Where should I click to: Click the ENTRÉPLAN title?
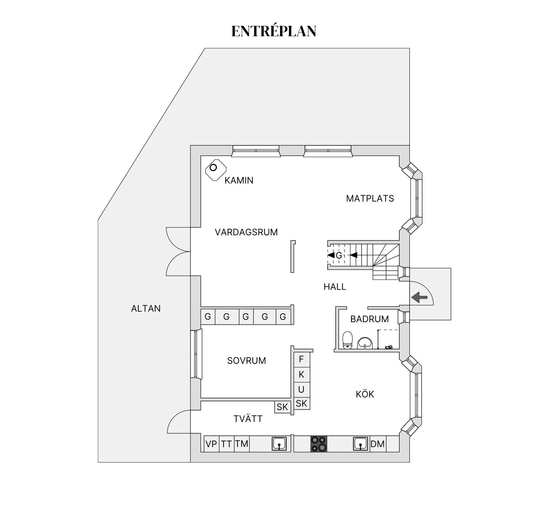click(274, 31)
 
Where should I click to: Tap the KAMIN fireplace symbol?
click(215, 170)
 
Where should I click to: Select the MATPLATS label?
click(370, 198)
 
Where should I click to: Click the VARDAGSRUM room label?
click(246, 232)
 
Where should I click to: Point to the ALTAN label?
click(146, 309)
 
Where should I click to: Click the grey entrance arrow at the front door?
click(419, 297)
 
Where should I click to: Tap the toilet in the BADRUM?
click(347, 340)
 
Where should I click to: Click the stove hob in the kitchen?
click(319, 444)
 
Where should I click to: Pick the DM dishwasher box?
click(378, 444)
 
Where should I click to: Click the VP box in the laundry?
click(211, 444)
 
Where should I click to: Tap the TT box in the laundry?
click(226, 444)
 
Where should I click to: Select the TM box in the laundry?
click(241, 444)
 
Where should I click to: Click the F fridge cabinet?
click(301, 359)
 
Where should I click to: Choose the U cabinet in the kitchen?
click(301, 389)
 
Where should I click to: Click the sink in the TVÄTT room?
click(279, 444)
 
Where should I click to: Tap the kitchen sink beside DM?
click(360, 444)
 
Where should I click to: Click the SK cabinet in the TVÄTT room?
click(282, 407)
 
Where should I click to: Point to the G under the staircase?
click(339, 255)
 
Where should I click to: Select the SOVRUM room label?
click(246, 361)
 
